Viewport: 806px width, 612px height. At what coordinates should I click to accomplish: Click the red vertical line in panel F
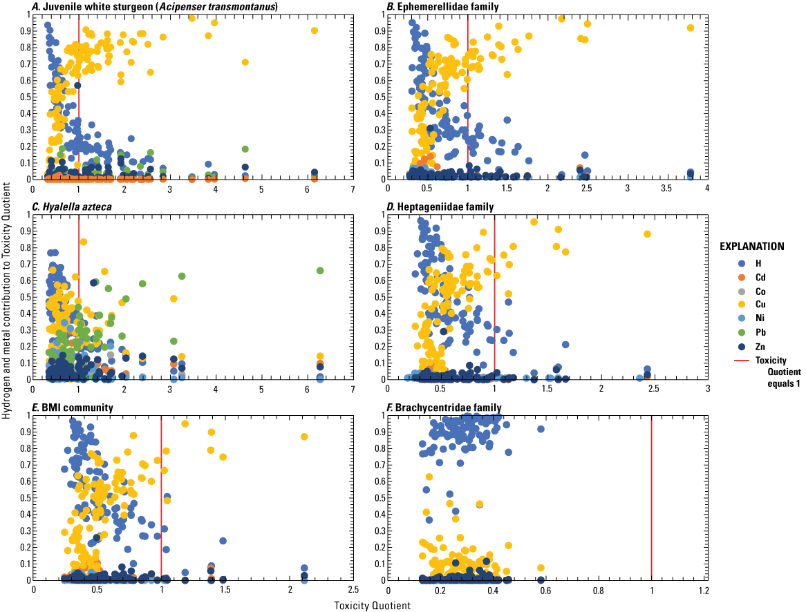pos(651,497)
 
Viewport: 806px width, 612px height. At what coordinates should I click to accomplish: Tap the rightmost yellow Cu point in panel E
pos(304,437)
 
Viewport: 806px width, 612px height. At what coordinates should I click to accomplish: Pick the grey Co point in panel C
pos(110,355)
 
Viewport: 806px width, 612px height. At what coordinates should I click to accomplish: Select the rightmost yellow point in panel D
pos(648,234)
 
